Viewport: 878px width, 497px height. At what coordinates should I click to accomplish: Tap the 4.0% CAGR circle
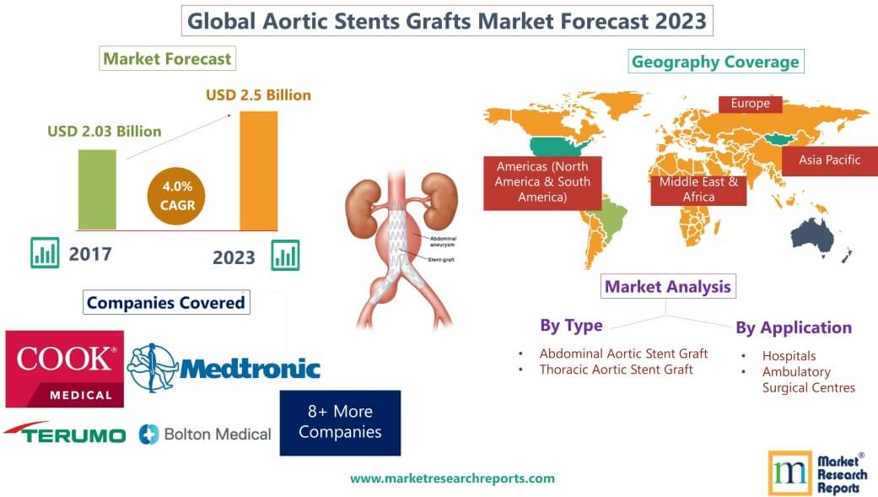(176, 195)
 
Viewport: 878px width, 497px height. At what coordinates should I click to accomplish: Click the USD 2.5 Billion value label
(258, 95)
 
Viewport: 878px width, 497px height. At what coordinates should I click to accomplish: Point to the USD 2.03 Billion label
(104, 132)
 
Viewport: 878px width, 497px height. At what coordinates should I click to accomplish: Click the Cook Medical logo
(64, 369)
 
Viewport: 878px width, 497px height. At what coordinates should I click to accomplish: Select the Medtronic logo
(224, 368)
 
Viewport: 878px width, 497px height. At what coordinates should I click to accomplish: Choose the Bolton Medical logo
(206, 435)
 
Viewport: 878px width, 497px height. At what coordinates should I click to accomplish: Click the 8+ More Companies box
(340, 422)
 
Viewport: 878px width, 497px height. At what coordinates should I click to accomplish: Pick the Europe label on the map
(750, 104)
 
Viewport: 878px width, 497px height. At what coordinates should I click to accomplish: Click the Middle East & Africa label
(698, 189)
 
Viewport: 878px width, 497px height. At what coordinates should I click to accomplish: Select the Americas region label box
(542, 181)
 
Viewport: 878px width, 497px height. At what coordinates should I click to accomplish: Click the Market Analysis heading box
(666, 287)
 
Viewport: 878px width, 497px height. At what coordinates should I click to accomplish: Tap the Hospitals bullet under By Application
(789, 356)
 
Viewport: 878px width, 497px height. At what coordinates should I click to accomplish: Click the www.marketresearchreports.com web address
(452, 478)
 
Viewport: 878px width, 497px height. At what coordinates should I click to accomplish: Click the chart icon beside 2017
(44, 252)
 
